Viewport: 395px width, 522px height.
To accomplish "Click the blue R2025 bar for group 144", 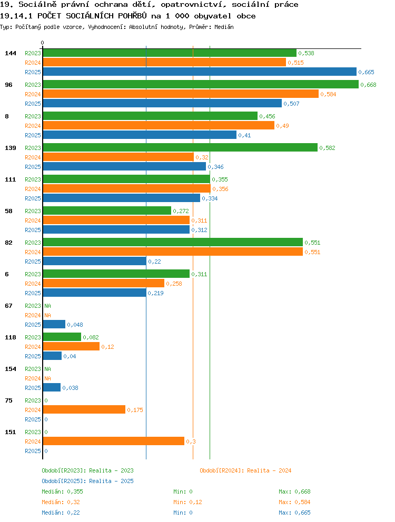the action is (200, 72).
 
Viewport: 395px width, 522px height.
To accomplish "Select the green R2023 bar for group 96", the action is (201, 85).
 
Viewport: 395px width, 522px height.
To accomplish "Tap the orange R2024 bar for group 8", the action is (159, 126).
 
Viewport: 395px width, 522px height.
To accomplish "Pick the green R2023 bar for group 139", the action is (180, 147).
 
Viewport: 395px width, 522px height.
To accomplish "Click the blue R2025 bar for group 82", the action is (95, 262).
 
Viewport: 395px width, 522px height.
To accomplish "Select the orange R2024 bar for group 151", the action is (114, 441).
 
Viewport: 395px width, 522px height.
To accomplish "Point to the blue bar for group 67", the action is (54, 324).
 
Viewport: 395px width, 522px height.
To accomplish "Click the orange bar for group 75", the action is (84, 410).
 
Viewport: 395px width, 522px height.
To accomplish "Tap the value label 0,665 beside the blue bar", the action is (366, 72).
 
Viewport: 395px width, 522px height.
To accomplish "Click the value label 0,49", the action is (282, 126).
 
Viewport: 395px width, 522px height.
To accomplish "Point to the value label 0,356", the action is (220, 189).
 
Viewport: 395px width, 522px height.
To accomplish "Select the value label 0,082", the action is (91, 337).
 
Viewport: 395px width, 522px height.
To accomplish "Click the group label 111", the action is (11, 179).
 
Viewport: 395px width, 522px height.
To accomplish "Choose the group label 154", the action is (11, 369).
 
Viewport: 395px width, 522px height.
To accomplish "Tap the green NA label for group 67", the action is (48, 306).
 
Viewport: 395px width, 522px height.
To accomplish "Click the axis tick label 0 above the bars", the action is (42, 43).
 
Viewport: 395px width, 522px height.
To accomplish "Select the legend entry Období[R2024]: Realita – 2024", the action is (245, 470).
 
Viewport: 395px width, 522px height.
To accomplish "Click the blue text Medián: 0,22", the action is (61, 513).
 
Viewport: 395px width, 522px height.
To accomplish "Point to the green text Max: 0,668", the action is (294, 491).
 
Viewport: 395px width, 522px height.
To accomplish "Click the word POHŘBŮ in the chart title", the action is (132, 16).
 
